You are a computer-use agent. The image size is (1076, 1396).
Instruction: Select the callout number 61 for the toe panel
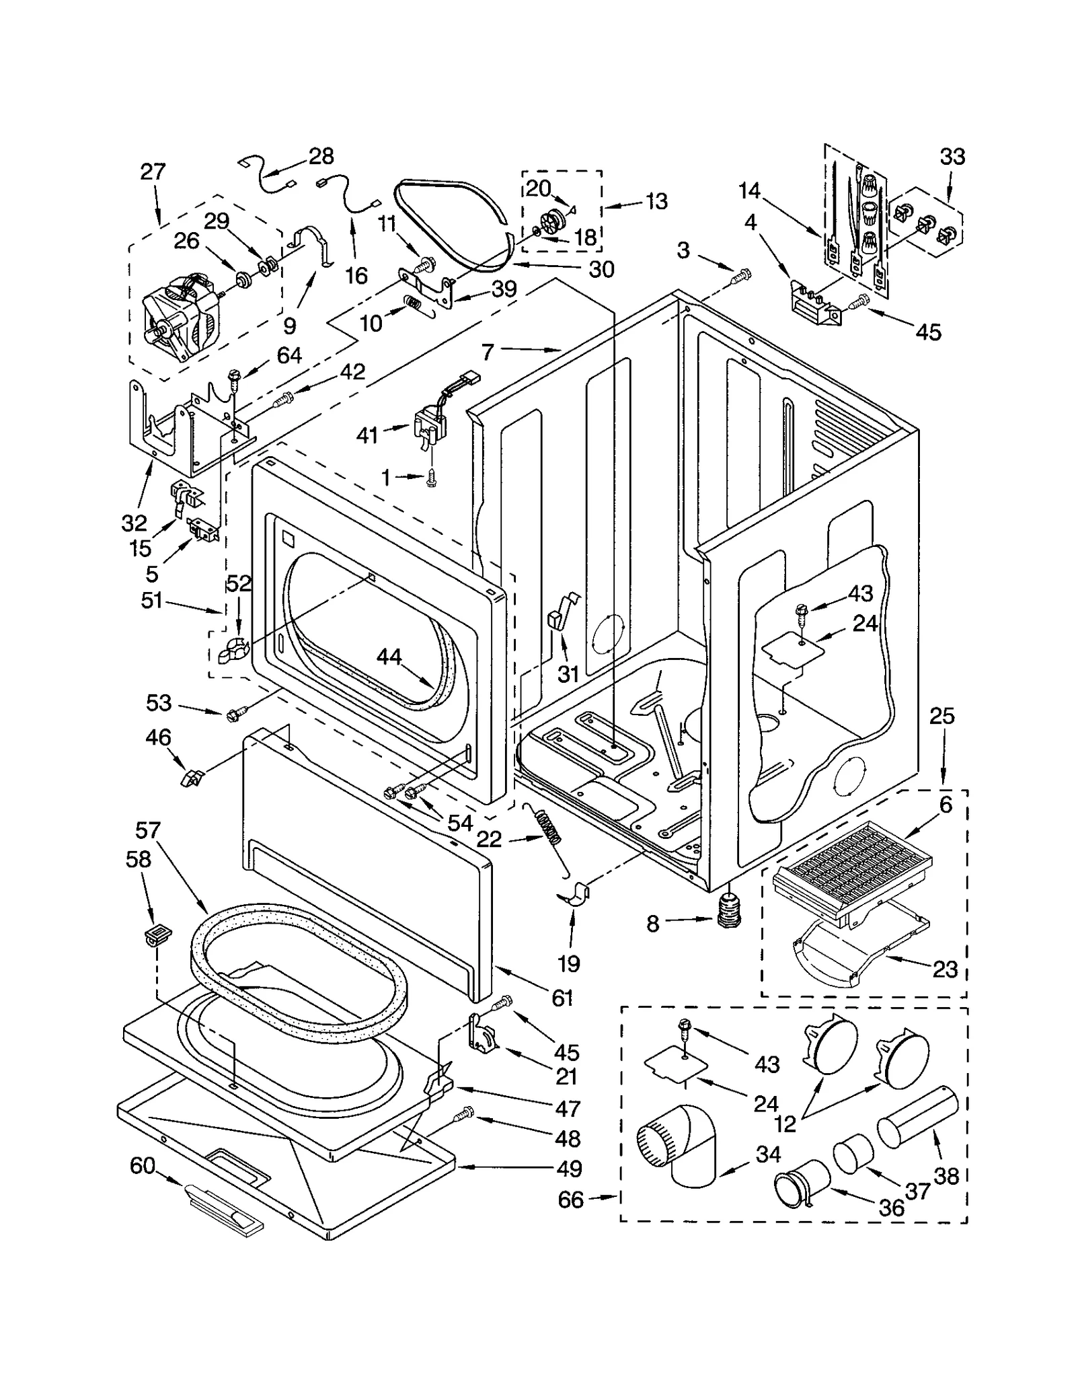[562, 998]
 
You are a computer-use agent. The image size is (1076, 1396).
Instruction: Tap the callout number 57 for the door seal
[148, 830]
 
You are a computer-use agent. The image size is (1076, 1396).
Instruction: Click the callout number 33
[952, 157]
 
